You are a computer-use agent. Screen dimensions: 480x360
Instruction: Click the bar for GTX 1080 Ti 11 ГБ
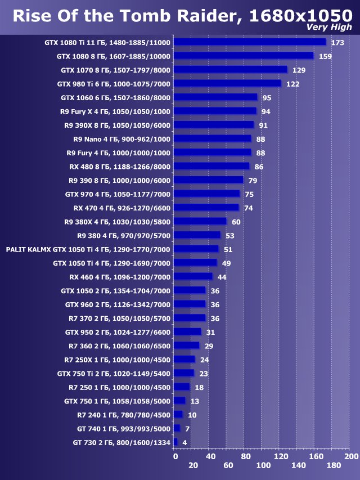(x=250, y=42)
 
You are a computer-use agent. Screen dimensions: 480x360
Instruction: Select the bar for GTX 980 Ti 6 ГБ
(x=227, y=83)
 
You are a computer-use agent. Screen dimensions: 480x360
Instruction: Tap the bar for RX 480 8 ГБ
(x=211, y=166)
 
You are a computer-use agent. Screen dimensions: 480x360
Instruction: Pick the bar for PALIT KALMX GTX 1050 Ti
(x=196, y=249)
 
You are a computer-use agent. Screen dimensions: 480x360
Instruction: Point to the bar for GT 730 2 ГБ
(x=175, y=442)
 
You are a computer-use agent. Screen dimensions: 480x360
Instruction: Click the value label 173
(x=337, y=43)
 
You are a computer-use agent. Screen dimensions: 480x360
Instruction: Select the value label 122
(x=292, y=84)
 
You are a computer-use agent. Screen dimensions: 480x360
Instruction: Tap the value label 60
(x=236, y=222)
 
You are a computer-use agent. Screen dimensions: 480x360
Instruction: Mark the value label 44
(x=222, y=277)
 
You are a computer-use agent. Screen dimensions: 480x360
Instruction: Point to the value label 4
(x=184, y=443)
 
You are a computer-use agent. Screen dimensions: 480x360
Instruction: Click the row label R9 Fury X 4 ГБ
(x=115, y=111)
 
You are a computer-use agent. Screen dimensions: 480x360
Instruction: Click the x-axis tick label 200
(x=350, y=456)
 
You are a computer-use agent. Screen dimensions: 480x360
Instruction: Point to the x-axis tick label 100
(x=263, y=466)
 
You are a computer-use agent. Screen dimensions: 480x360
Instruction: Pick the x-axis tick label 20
(x=193, y=466)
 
